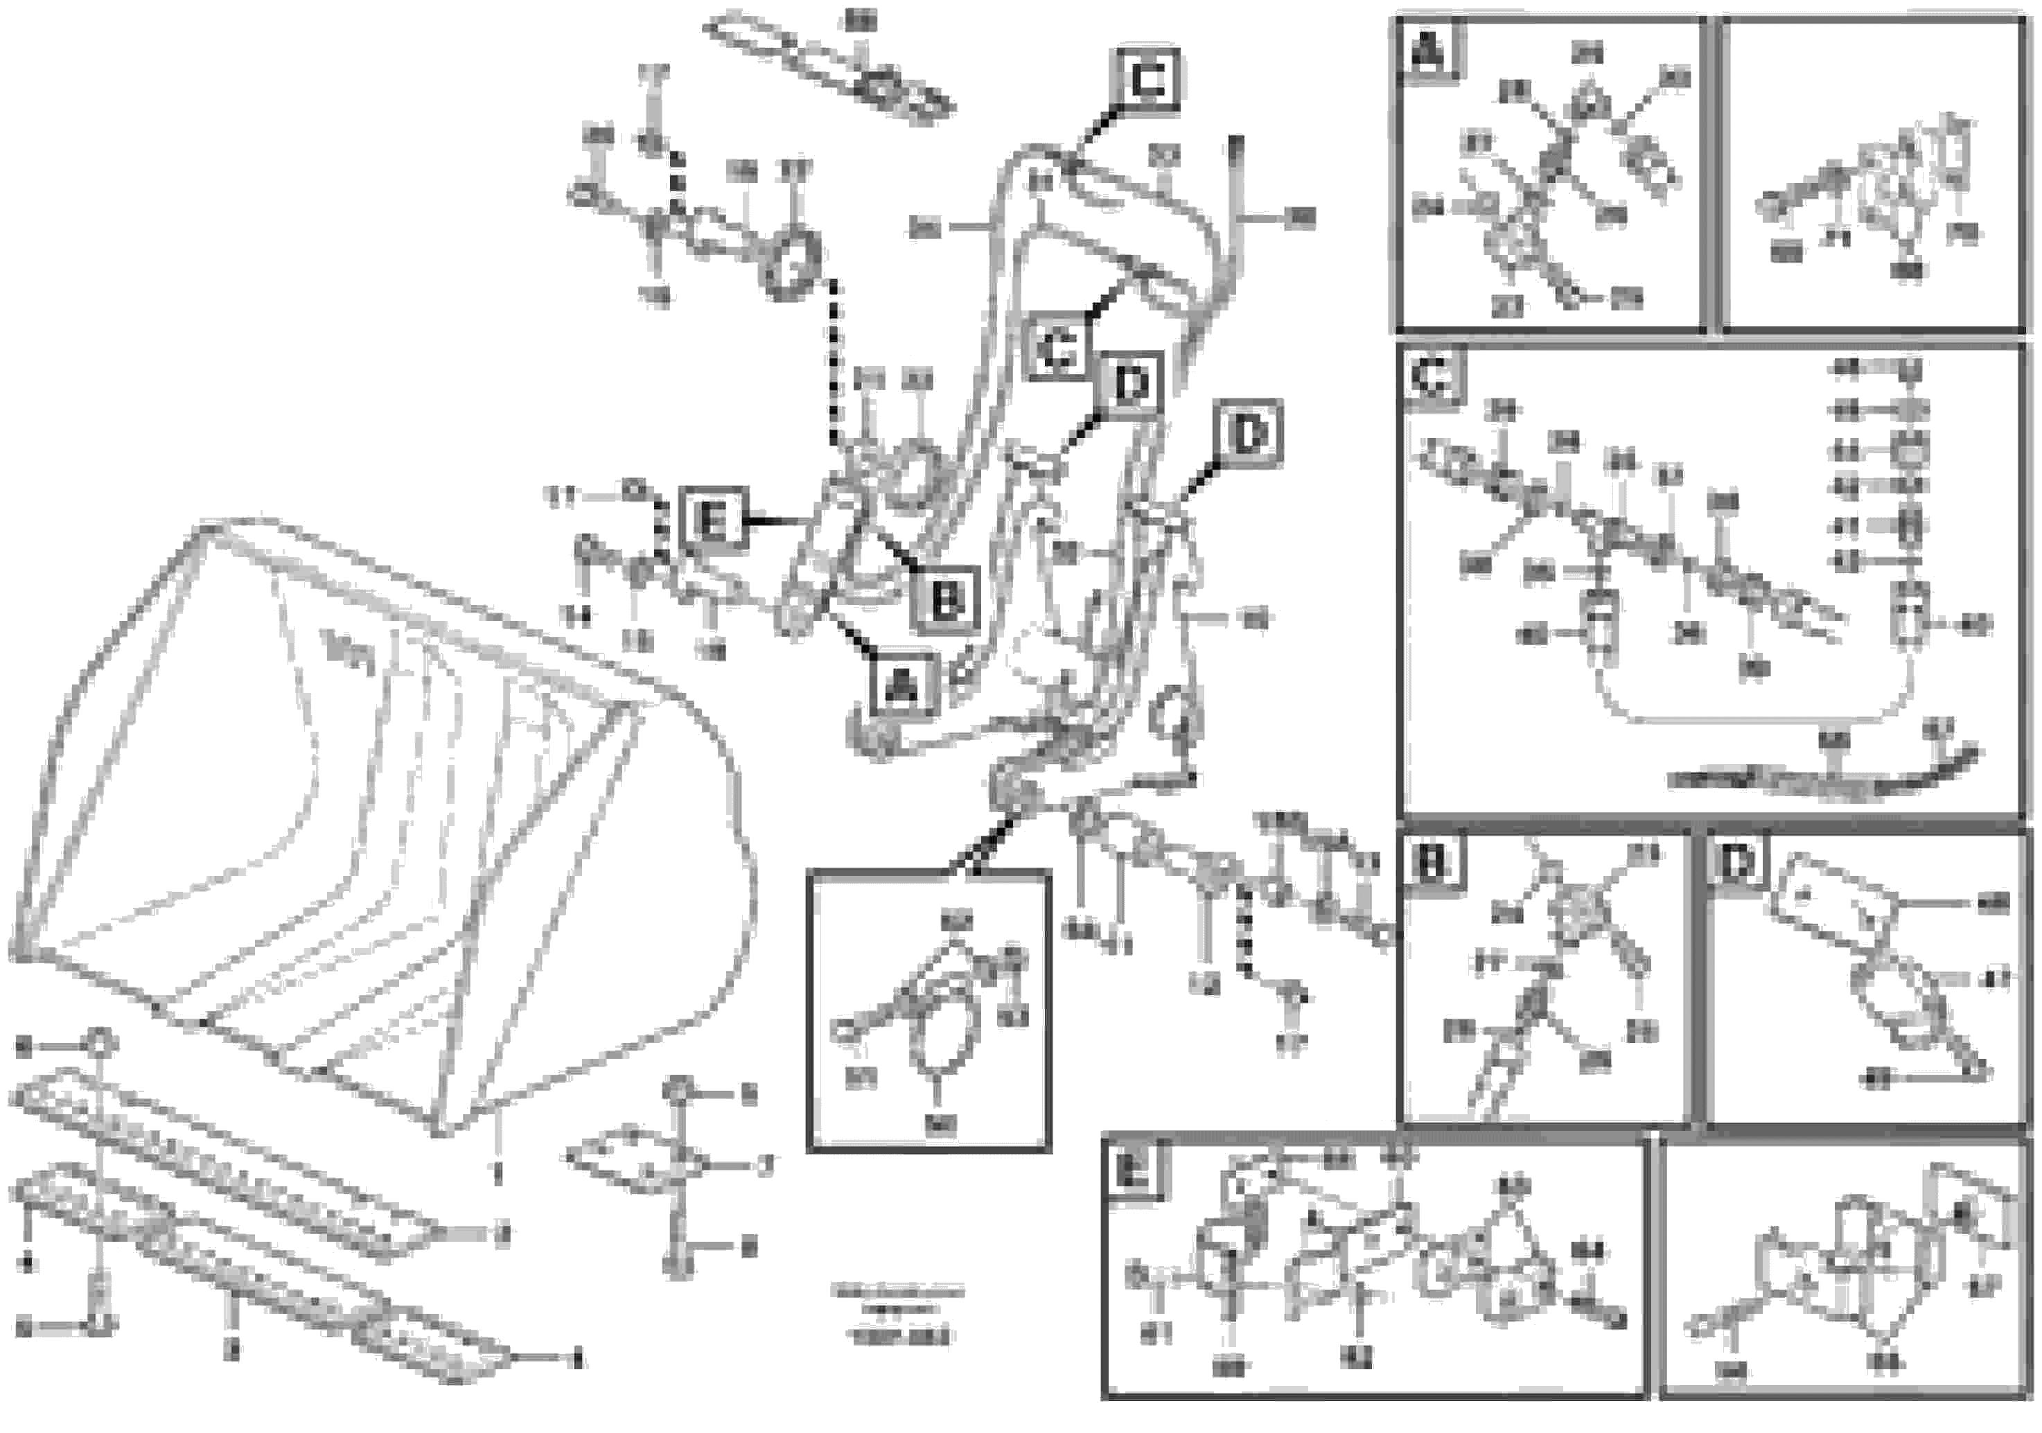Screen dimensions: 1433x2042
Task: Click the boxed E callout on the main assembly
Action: (712, 520)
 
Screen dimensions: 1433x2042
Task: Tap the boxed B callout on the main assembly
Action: (944, 599)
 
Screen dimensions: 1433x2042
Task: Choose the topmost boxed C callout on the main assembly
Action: (1148, 81)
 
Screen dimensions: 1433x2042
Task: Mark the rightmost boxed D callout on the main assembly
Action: (1249, 434)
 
